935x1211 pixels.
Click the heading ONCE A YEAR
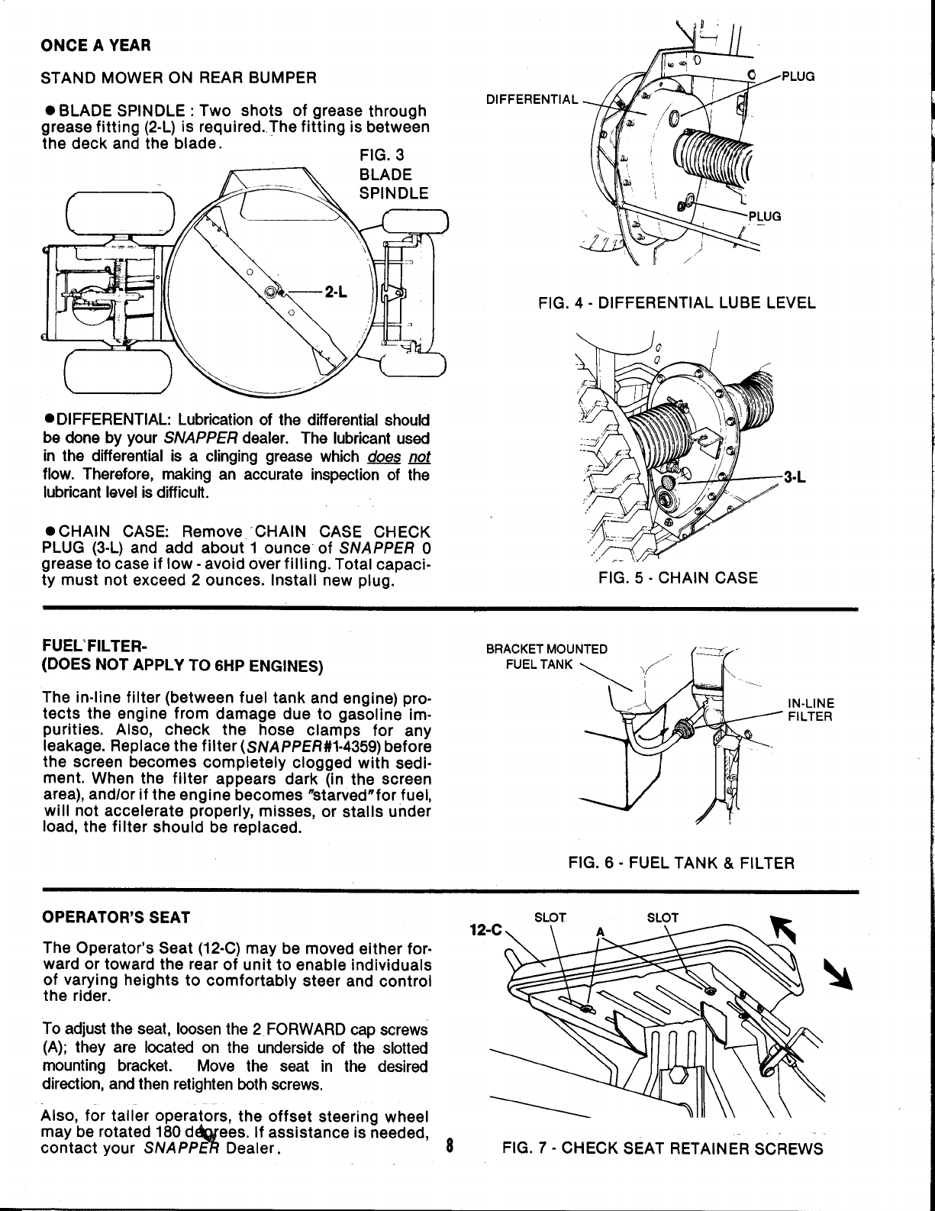(96, 45)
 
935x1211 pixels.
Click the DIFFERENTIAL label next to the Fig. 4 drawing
(533, 100)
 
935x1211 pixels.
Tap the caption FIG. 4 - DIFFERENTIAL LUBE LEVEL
(676, 303)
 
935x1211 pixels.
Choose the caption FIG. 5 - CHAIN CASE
(678, 577)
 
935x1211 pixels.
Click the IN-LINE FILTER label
(811, 710)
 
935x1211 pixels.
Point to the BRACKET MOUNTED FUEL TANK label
(546, 657)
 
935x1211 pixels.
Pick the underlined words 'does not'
(398, 457)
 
